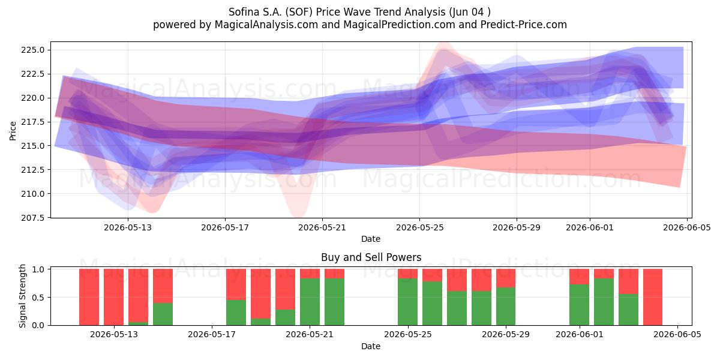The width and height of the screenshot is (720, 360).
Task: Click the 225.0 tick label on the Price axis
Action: pos(33,50)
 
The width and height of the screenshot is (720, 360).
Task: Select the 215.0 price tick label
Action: pos(33,146)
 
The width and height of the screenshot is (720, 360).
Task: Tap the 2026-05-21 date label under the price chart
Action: pos(322,227)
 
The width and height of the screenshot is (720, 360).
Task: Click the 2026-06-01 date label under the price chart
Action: pos(590,227)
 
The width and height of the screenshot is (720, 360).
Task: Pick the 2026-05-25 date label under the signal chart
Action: pos(408,334)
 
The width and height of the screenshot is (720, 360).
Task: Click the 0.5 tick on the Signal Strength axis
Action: pos(38,298)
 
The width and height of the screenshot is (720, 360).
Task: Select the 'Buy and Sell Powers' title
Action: pos(371,257)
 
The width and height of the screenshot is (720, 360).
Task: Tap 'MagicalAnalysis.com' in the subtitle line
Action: pos(266,25)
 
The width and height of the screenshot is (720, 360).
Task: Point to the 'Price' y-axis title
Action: pos(13,131)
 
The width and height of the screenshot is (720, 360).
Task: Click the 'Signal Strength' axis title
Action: pos(22,296)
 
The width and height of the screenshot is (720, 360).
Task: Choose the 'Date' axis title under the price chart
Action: pos(371,239)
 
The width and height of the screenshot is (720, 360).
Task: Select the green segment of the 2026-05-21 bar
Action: pos(310,302)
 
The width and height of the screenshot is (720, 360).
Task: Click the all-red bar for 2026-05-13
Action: pos(113,297)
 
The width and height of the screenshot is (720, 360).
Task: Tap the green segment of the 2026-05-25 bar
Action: pos(407,302)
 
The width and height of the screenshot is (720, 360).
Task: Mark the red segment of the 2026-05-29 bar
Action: pos(506,278)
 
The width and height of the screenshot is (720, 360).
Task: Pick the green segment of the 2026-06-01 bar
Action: pos(579,305)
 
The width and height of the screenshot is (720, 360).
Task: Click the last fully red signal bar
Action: pos(653,297)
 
